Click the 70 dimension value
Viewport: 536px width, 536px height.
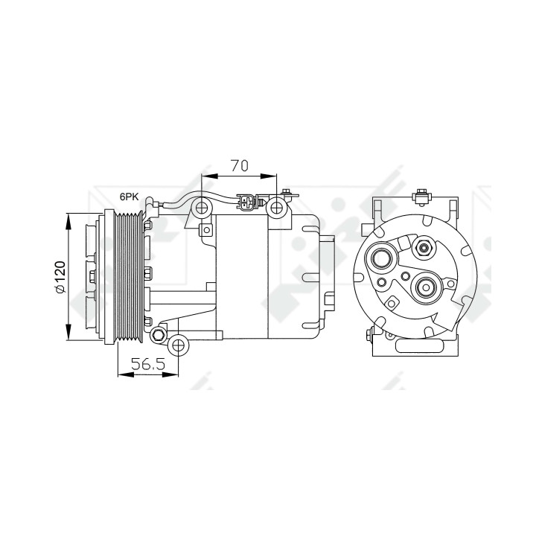coord(239,165)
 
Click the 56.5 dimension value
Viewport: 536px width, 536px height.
coord(148,364)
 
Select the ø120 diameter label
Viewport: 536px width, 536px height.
coord(60,277)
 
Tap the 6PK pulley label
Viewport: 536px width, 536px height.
coord(129,197)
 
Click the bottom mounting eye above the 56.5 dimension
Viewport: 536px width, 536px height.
coord(179,345)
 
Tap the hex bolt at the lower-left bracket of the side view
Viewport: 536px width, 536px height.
coord(159,335)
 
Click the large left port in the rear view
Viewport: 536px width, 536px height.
coord(381,259)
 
